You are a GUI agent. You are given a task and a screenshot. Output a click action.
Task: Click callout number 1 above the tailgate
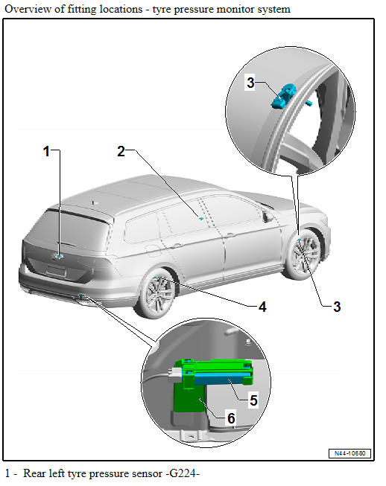pos(47,152)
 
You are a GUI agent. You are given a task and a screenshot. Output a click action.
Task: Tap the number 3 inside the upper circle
pos(251,83)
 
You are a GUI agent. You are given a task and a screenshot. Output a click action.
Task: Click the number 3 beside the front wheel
pos(336,306)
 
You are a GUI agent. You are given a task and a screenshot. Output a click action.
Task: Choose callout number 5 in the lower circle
pos(253,400)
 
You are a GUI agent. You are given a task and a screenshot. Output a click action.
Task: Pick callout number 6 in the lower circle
pos(231,418)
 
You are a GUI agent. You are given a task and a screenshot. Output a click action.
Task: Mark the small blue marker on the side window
pos(200,218)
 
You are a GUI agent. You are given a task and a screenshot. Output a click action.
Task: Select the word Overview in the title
pos(26,9)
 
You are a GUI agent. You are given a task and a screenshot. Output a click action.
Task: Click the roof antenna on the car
pos(93,201)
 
